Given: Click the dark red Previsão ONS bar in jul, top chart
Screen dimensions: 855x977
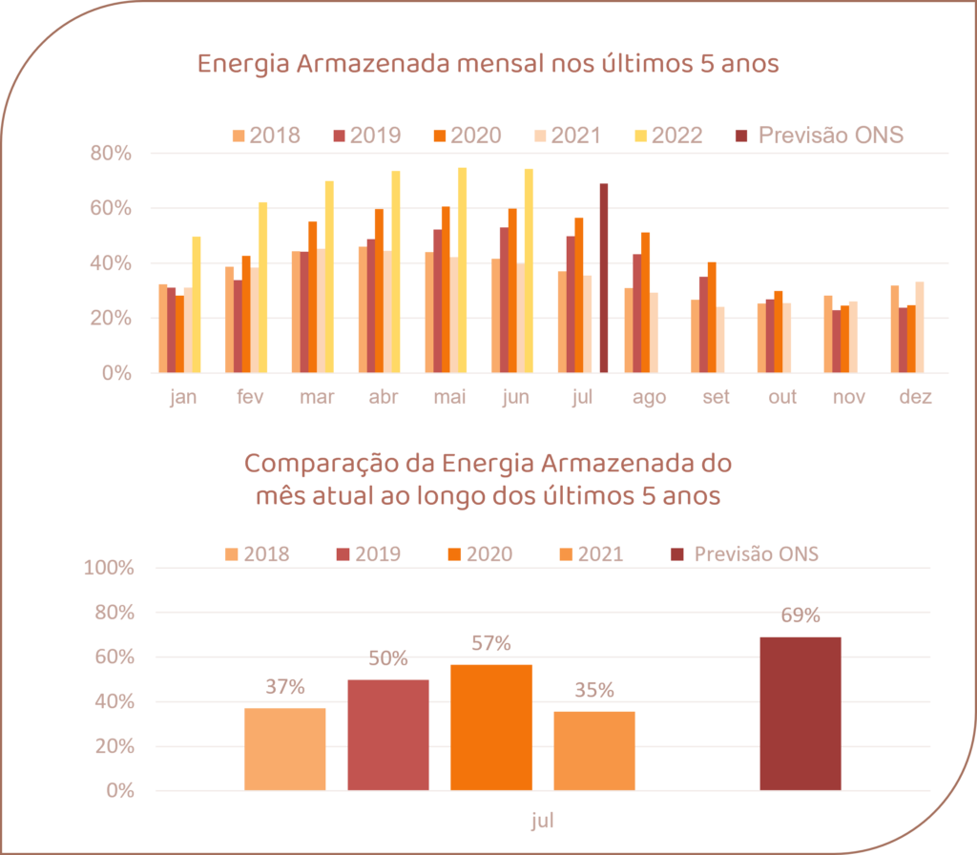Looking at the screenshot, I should (x=603, y=278).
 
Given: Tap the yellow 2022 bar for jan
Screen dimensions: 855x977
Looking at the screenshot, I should (x=197, y=304).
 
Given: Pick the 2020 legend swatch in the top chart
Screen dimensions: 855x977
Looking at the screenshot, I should (x=442, y=135).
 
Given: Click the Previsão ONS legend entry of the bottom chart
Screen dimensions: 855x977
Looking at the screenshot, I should (x=745, y=553).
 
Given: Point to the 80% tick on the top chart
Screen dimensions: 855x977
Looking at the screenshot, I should (x=112, y=154).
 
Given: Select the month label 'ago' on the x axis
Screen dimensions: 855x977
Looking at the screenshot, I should (x=649, y=398).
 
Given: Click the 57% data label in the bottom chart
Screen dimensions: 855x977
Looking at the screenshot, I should (x=490, y=643).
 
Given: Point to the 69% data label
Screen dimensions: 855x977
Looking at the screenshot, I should (x=800, y=615).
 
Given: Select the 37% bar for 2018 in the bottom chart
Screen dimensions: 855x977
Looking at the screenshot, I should (x=285, y=748).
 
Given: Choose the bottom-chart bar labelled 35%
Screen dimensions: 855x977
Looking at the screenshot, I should (x=594, y=750).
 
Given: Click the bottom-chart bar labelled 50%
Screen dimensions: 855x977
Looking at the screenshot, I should (x=388, y=735).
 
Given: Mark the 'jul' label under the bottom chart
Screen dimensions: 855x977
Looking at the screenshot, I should (x=542, y=821).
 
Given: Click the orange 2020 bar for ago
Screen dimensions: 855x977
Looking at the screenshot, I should (x=645, y=302).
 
